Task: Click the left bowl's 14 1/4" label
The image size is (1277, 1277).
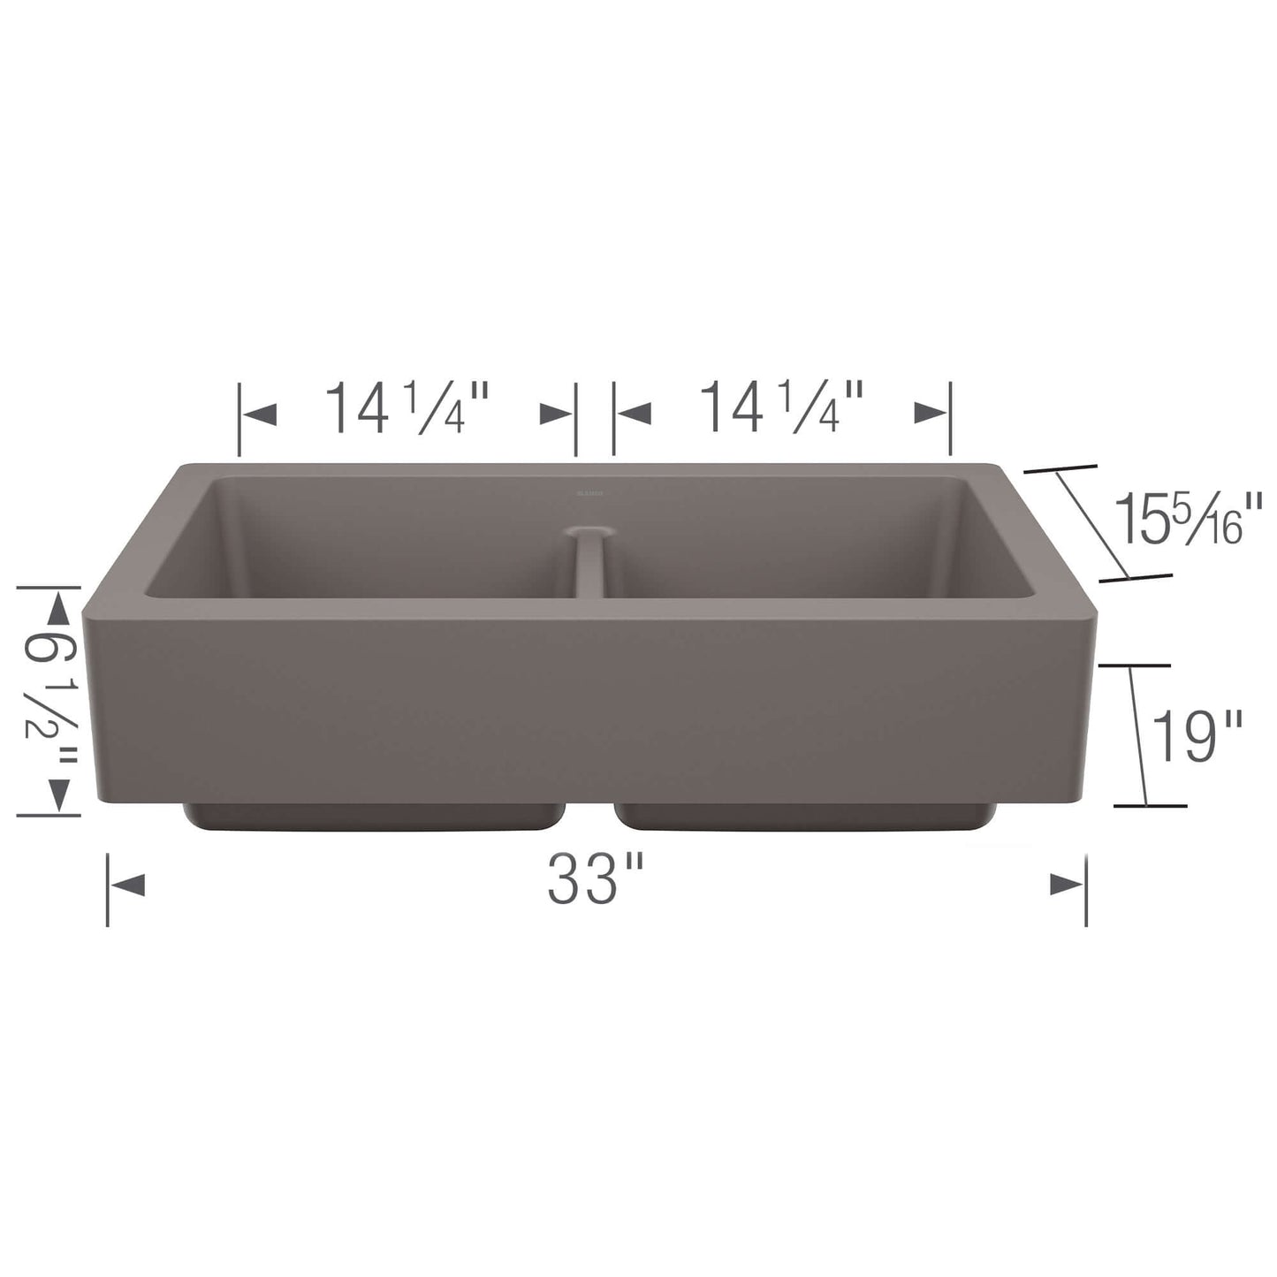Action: (x=407, y=408)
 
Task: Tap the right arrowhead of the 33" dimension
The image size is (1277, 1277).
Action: (x=1067, y=884)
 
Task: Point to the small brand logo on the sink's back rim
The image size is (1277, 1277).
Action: (x=589, y=485)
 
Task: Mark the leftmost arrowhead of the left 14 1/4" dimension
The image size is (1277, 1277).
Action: (x=259, y=413)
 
